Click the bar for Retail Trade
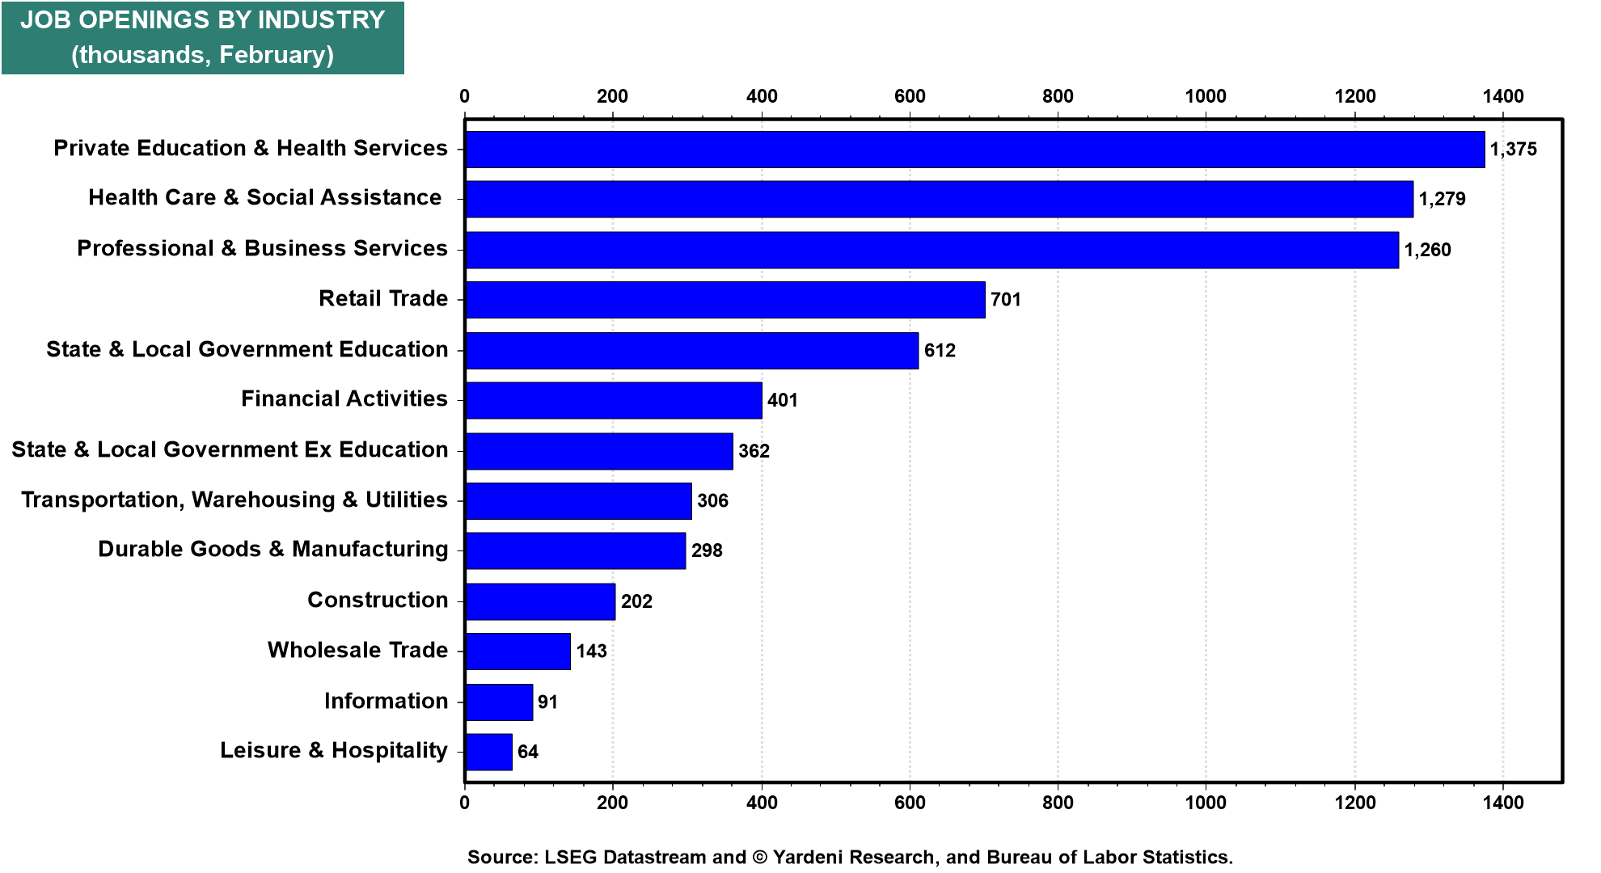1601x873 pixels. pos(725,300)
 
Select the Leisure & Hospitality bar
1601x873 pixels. pos(489,752)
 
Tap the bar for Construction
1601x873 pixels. pos(540,601)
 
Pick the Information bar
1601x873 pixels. pos(499,702)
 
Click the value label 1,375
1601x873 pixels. pos(1513,150)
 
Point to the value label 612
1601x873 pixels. pos(940,351)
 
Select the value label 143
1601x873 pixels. pos(591,652)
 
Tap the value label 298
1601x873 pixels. pos(707,551)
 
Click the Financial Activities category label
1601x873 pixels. pos(344,399)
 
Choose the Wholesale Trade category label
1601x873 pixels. pos(357,650)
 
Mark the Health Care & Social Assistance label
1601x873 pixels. pos(264,198)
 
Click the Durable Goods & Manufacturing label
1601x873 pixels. pos(272,549)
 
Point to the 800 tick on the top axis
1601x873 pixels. pos(1058,96)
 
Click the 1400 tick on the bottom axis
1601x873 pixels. pos(1503,803)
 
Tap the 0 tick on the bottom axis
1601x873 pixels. pos(465,803)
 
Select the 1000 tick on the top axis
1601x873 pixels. pos(1206,96)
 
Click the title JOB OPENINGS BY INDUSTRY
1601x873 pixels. pos(202,20)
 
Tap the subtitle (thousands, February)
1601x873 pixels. pos(202,55)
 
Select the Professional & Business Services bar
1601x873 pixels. pos(931,250)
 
